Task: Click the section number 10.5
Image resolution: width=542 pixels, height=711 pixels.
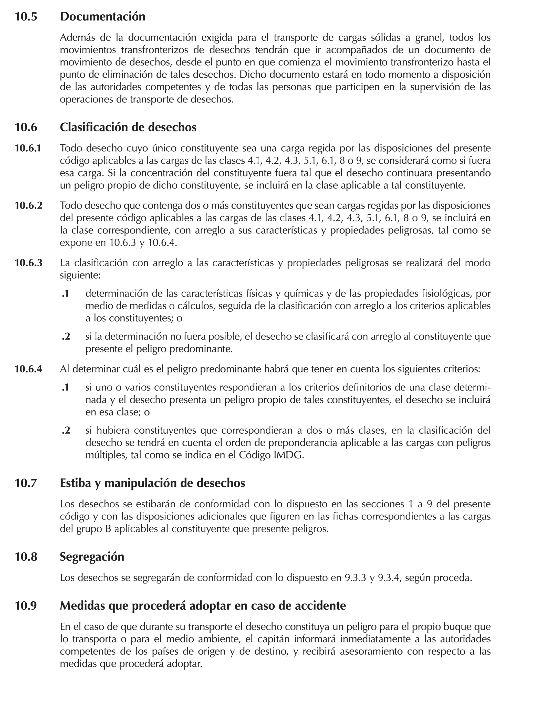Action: coord(26,16)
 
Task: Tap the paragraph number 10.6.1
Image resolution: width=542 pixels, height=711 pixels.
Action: coord(28,148)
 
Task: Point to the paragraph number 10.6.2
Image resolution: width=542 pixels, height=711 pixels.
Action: coord(28,205)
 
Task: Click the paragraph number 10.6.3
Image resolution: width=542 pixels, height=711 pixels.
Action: coord(28,263)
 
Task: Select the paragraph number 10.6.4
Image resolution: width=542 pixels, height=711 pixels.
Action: coord(28,369)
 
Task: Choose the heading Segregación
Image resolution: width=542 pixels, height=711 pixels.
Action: coord(92,557)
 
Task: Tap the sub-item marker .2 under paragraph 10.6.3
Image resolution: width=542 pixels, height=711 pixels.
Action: coord(66,337)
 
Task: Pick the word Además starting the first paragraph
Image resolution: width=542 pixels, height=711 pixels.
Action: coord(78,38)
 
